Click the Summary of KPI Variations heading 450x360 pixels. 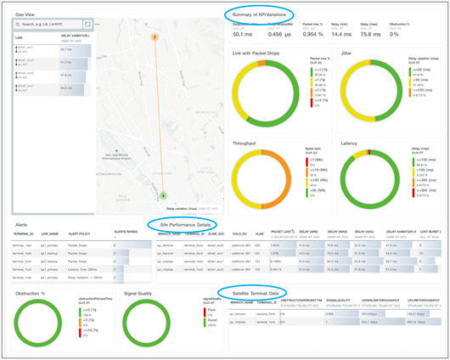pos(270,14)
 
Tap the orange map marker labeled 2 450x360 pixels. pos(155,37)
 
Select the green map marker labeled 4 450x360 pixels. pos(163,195)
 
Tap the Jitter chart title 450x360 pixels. pos(346,53)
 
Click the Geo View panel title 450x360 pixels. pos(26,14)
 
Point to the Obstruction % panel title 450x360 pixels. pos(32,292)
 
